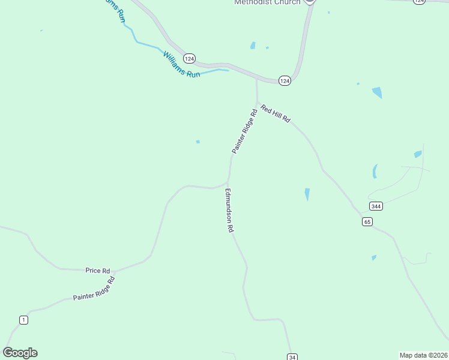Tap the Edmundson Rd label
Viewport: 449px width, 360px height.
point(229,211)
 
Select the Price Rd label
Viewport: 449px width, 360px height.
point(97,271)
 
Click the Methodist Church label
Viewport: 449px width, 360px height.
point(267,2)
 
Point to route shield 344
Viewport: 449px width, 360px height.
point(376,206)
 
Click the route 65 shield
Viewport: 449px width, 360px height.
point(367,222)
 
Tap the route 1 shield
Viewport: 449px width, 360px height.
point(23,320)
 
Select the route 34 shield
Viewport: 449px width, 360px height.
point(292,357)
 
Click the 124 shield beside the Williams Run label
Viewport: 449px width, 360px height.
point(189,58)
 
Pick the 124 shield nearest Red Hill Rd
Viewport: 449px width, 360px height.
point(285,80)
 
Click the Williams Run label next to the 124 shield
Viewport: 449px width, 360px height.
point(181,65)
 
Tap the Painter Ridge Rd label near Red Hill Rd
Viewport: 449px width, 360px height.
point(245,131)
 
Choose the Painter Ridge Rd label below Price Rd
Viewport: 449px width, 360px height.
point(94,289)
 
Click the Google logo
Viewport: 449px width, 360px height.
point(20,353)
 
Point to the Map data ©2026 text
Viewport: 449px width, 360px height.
point(423,355)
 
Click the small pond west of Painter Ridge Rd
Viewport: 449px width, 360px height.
point(197,142)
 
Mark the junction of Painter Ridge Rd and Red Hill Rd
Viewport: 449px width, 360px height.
point(257,103)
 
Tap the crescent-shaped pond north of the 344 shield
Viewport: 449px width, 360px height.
point(375,172)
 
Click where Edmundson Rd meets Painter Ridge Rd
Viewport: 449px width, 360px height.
point(228,181)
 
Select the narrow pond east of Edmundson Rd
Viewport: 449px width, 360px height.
point(307,194)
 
